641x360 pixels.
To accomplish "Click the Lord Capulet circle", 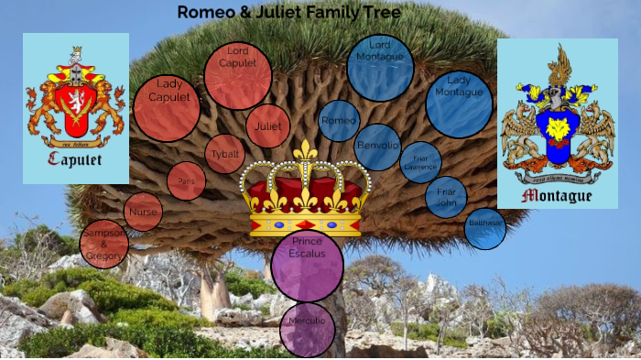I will pos(237,76).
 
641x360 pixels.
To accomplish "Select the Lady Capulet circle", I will pos(167,108).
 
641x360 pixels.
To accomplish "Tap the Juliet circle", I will pos(268,126).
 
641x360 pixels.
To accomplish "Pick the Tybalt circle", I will pos(224,154).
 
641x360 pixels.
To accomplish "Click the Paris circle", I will pos(187,181).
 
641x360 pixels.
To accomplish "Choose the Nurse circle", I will pos(143,212).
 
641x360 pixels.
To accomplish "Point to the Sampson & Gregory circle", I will pos(103,244).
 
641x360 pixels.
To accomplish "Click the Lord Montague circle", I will pos(380,67).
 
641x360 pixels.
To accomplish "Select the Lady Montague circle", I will pos(459,104).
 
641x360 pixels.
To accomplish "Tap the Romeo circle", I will pos(339,121).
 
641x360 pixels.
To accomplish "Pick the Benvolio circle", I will pos(377,147).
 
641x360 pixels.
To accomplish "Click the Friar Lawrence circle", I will pos(420,162).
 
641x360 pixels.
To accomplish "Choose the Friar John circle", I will pos(446,197).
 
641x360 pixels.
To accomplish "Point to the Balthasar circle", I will pos(485,228).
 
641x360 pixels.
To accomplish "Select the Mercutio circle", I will pos(307,329).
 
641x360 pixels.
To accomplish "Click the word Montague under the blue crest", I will pos(557,195).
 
